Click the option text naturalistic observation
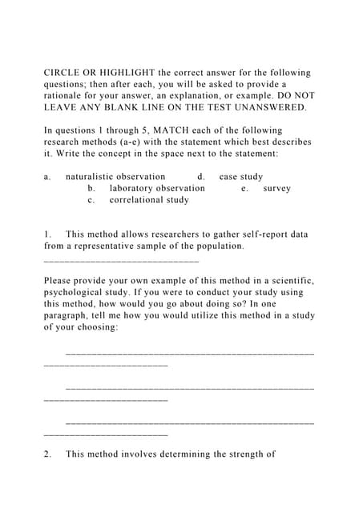point(115,177)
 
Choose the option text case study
point(241,177)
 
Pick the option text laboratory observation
point(157,189)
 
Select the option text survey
point(276,189)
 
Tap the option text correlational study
point(149,200)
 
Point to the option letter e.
point(244,189)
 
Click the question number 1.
point(47,234)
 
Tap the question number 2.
point(47,454)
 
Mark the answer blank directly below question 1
point(121,260)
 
